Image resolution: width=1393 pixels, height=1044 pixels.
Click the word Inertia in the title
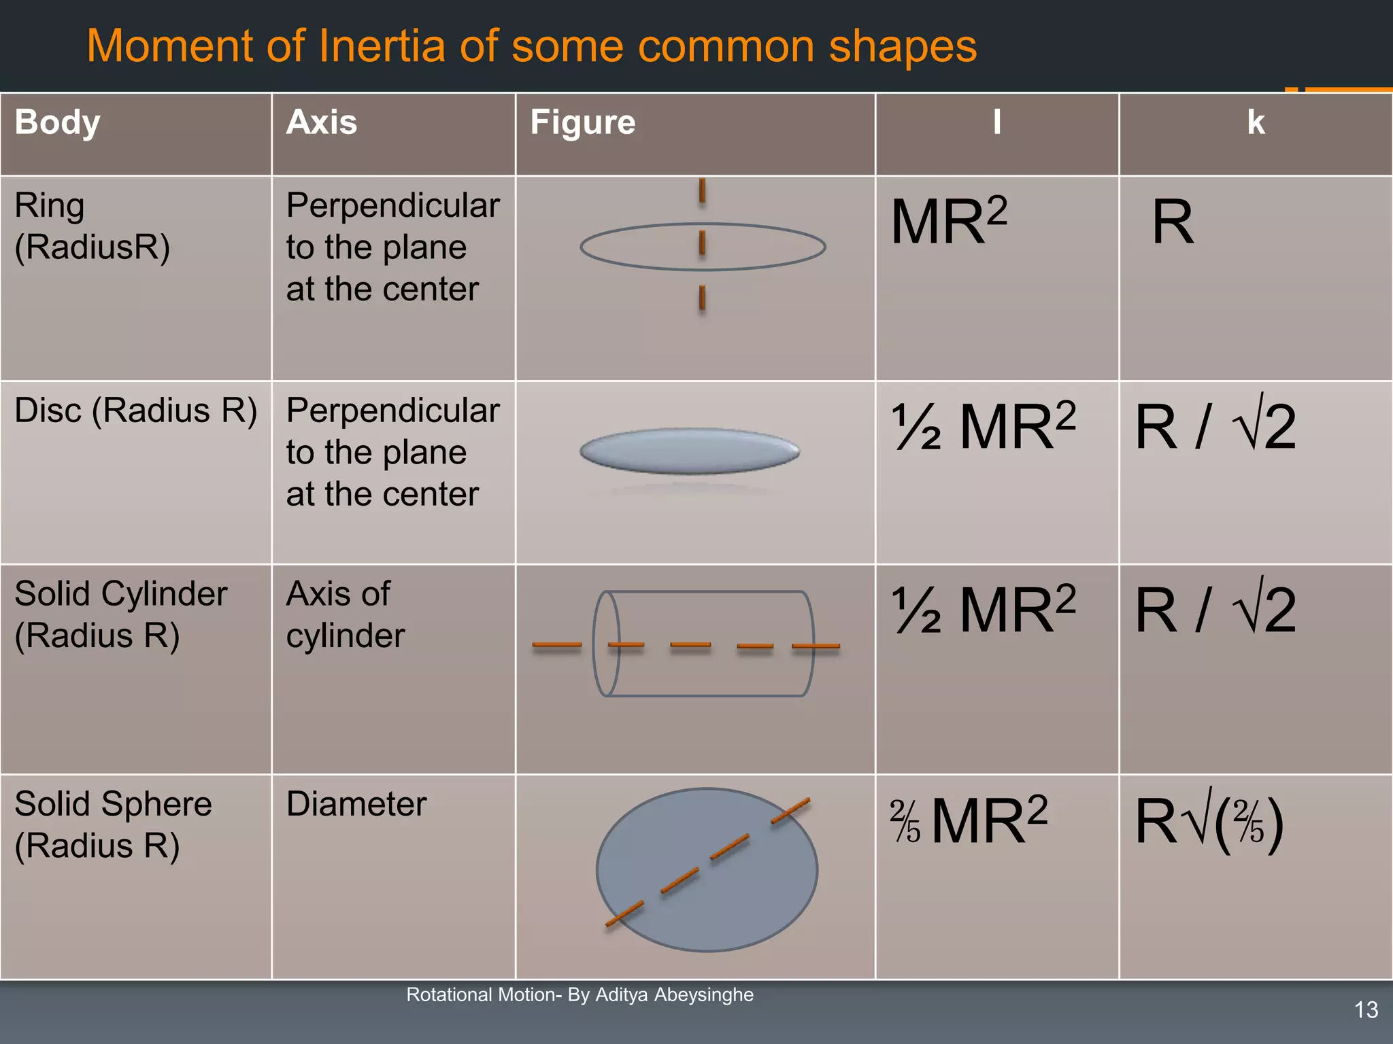point(384,46)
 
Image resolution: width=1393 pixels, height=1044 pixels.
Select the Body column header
point(57,122)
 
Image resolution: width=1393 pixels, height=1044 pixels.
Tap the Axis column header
point(321,122)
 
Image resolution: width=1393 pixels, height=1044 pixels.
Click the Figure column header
point(582,122)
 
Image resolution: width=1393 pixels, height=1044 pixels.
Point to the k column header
point(1256,122)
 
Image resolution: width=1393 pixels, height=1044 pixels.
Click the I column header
point(996,122)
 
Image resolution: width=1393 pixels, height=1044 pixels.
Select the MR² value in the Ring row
point(948,221)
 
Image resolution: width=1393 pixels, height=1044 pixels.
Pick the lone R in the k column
point(1172,222)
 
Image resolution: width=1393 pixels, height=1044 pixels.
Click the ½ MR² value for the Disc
point(983,426)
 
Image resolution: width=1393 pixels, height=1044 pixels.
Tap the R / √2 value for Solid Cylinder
point(1215,610)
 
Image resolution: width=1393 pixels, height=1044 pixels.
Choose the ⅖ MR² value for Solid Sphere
point(969,820)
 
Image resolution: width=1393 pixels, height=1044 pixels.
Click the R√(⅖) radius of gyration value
point(1209,821)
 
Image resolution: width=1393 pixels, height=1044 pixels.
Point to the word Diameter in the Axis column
point(356,804)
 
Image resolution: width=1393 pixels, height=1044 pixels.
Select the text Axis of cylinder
point(345,614)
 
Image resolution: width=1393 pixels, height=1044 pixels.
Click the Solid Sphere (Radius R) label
point(113,824)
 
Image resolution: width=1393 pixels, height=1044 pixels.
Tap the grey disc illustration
point(689,451)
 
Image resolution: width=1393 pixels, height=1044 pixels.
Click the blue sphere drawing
point(707,869)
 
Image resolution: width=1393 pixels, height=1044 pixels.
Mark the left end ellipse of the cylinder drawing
point(606,643)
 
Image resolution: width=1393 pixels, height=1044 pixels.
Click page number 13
point(1366,1009)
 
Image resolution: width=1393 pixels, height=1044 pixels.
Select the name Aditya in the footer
point(621,994)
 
